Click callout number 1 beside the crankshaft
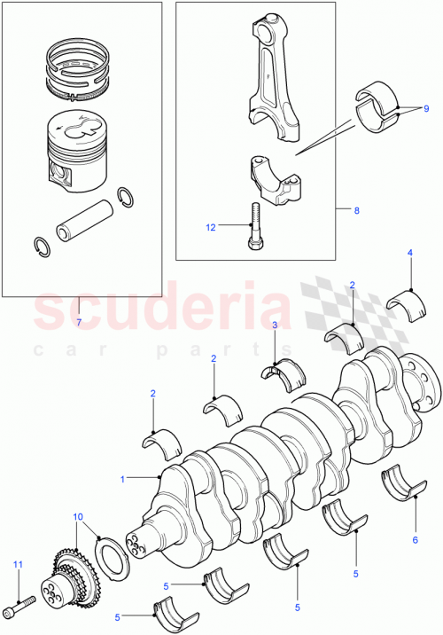[124, 479]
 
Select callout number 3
[275, 325]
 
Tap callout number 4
[409, 254]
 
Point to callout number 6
[414, 539]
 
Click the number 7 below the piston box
[78, 322]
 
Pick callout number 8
[356, 211]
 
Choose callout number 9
[426, 108]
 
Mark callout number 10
[78, 516]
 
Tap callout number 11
[16, 564]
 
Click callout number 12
[211, 227]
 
